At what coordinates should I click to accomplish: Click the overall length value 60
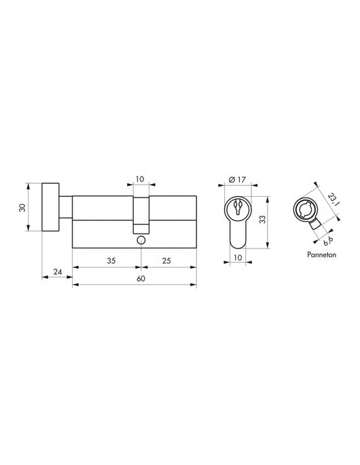(x=140, y=278)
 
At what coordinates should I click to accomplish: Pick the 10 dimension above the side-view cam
(x=140, y=179)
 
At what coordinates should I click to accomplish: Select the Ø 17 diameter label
(x=237, y=179)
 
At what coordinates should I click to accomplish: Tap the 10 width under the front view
(x=237, y=258)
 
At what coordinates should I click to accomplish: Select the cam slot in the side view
(x=140, y=217)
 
